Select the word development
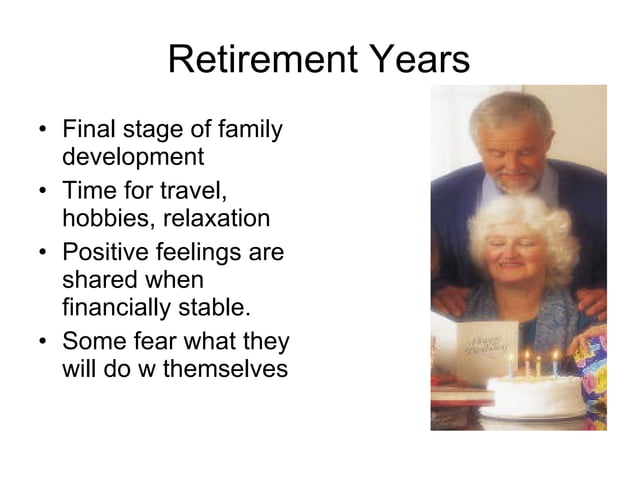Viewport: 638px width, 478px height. coord(133,157)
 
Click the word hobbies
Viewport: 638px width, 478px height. coord(105,218)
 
